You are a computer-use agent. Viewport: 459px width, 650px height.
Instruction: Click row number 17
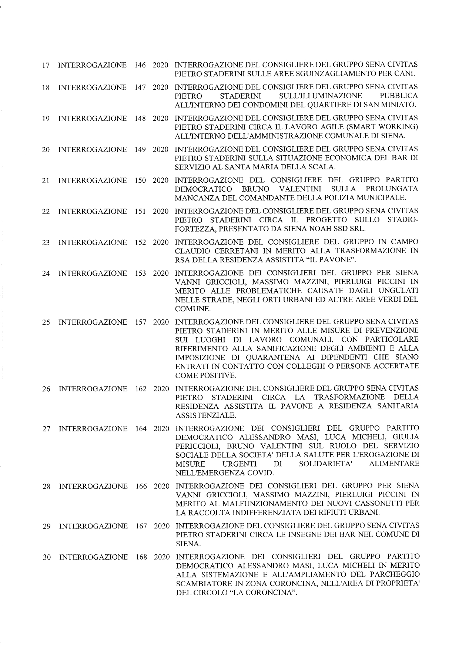[46, 66]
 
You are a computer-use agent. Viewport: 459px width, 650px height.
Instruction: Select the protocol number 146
[140, 65]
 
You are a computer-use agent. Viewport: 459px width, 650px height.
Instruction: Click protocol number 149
[140, 149]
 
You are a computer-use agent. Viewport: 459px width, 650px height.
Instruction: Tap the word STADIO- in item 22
[403, 220]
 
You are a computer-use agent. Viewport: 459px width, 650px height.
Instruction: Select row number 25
[46, 322]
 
